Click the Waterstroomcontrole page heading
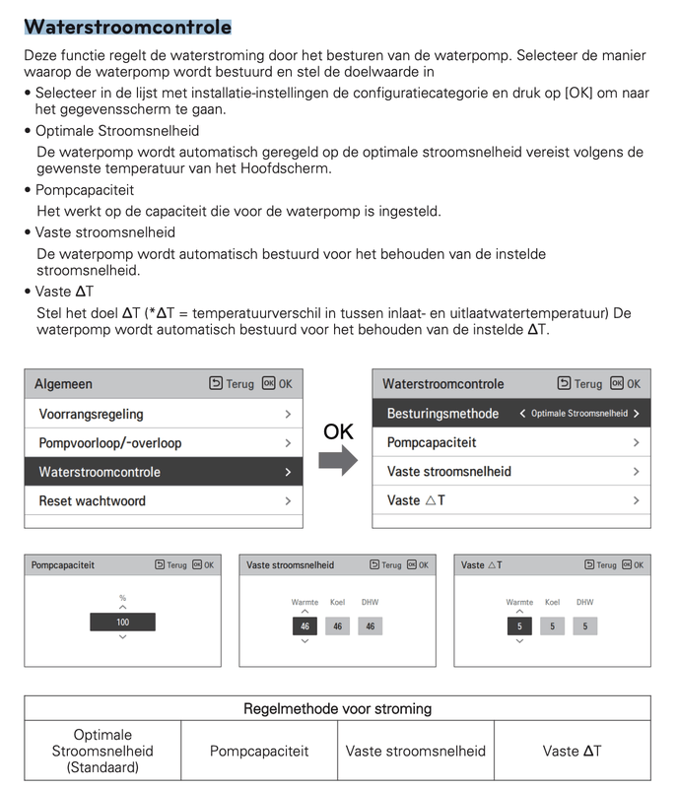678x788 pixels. [x=127, y=27]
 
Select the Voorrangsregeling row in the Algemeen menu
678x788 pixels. [x=164, y=415]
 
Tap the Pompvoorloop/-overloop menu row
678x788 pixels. [x=164, y=443]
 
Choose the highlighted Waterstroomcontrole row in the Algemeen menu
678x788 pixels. [x=164, y=472]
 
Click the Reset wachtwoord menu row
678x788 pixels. [x=164, y=500]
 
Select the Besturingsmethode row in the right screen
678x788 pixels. [x=511, y=414]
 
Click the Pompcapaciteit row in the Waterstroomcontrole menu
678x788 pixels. [x=511, y=442]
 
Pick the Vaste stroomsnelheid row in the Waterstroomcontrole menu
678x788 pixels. [x=511, y=471]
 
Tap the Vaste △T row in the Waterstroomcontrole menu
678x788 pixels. [x=511, y=500]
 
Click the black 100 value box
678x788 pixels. [x=122, y=623]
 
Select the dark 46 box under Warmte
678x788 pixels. [x=305, y=625]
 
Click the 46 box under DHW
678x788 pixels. [x=370, y=625]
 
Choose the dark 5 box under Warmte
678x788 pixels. [x=519, y=625]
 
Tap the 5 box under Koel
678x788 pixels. [x=552, y=625]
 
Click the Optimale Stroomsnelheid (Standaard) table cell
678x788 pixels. [x=103, y=751]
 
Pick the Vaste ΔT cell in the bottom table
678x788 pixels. [x=572, y=751]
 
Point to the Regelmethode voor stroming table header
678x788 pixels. [x=337, y=708]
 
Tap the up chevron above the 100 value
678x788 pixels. [x=122, y=608]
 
